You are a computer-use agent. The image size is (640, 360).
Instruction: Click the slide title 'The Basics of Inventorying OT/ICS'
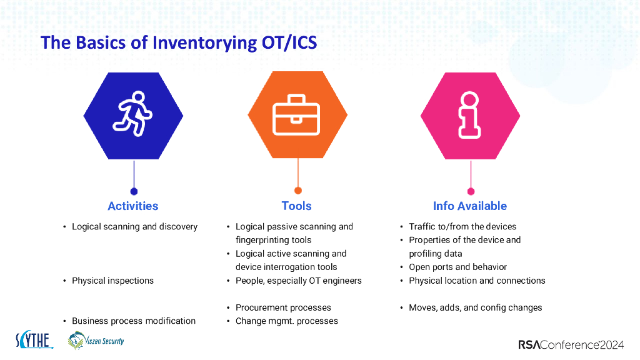click(x=178, y=42)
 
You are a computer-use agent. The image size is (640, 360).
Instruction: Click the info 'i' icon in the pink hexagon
click(x=469, y=115)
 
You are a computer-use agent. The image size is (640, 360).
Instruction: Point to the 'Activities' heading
click(x=133, y=206)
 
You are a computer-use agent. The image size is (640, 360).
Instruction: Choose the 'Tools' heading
click(x=296, y=206)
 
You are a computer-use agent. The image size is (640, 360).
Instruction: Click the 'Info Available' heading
click(x=469, y=206)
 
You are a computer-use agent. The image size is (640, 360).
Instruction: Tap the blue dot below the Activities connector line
click(x=134, y=191)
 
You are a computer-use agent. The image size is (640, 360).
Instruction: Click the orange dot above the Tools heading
click(x=297, y=191)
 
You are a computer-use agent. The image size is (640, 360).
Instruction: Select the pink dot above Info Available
click(x=471, y=191)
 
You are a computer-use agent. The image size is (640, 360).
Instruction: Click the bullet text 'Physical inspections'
click(x=112, y=281)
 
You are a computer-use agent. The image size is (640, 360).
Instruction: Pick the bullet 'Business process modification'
click(x=133, y=321)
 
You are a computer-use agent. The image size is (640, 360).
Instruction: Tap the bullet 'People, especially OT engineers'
click(x=298, y=281)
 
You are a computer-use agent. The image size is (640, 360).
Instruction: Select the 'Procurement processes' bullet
click(x=283, y=307)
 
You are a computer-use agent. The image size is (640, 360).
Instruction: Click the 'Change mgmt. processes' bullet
click(x=286, y=321)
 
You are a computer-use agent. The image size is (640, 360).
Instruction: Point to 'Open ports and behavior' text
click(x=457, y=267)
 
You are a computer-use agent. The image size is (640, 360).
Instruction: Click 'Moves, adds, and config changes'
click(x=475, y=307)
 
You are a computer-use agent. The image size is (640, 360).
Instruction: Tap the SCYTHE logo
click(x=34, y=340)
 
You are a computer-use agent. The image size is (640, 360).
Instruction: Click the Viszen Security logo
click(x=96, y=340)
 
